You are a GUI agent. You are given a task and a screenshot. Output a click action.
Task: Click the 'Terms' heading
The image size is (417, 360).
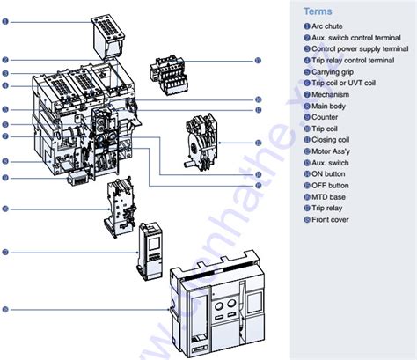tap(318, 12)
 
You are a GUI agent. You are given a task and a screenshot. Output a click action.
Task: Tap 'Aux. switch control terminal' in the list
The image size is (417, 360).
tap(356, 39)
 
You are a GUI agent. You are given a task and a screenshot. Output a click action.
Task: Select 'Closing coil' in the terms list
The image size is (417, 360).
tap(333, 139)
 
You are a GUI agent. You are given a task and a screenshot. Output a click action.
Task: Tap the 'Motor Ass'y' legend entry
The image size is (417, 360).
tap(333, 151)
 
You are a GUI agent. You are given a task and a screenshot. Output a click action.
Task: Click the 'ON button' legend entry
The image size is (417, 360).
tap(330, 173)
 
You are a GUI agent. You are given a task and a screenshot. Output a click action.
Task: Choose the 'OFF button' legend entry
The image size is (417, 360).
tap(332, 185)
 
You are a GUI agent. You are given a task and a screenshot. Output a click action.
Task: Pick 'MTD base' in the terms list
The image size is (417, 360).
tap(330, 196)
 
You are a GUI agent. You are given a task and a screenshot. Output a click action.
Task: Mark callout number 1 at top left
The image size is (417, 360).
tap(5, 20)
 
